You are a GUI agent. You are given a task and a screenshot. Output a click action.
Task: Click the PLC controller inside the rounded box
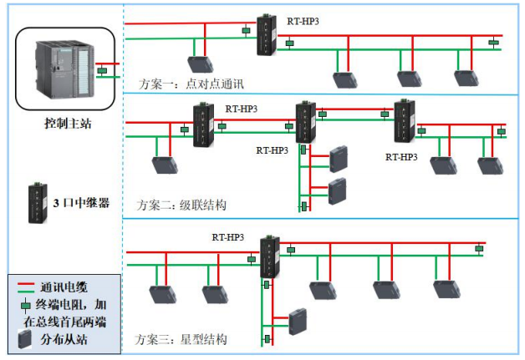point(63,68)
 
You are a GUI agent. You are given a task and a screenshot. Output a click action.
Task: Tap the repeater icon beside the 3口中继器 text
point(36,201)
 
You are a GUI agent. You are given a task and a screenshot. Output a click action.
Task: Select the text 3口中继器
point(80,202)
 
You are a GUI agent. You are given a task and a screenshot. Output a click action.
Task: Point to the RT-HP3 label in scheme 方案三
point(227,237)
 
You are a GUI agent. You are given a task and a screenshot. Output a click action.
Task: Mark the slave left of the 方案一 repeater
point(200,63)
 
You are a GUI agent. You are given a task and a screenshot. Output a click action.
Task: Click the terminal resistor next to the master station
point(100,72)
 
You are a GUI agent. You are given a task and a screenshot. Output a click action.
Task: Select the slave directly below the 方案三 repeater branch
point(297,322)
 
